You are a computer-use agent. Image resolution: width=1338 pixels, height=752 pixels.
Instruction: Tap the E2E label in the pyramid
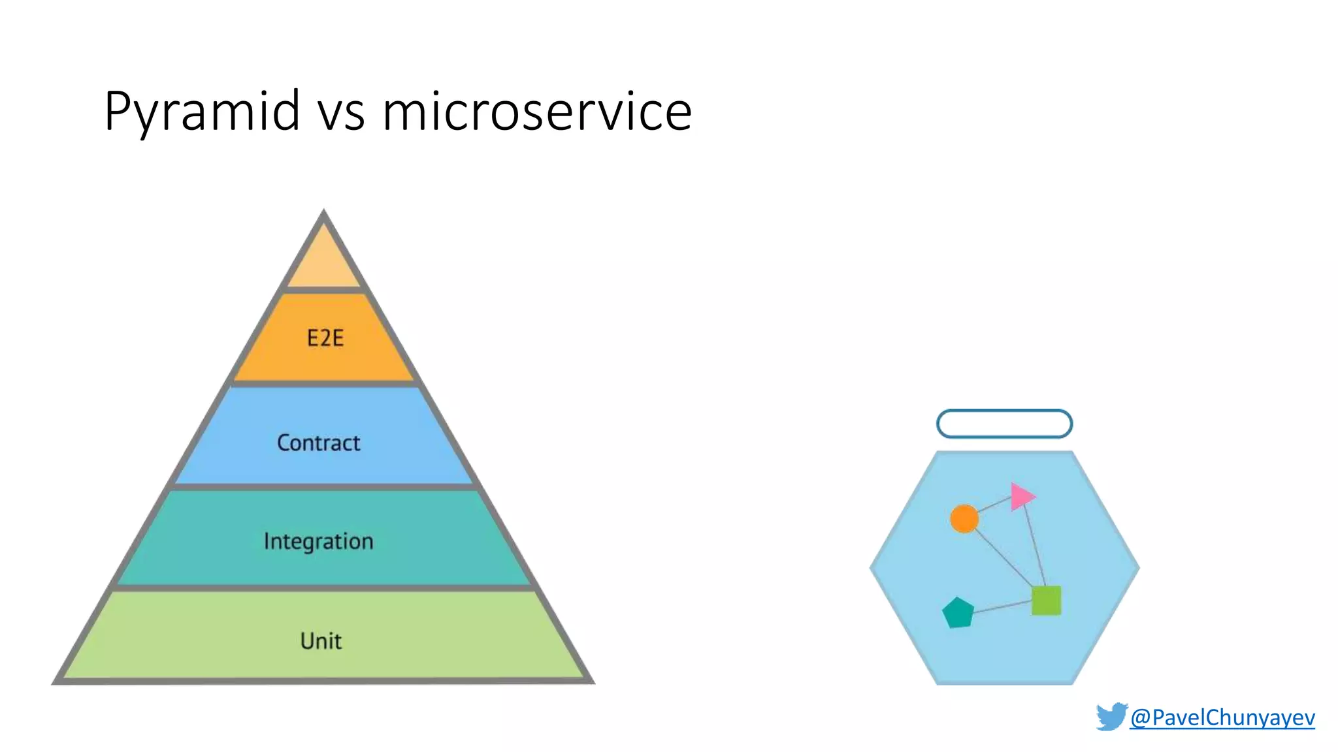pyautogui.click(x=325, y=338)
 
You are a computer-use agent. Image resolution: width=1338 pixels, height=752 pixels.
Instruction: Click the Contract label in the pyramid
pyautogui.click(x=318, y=443)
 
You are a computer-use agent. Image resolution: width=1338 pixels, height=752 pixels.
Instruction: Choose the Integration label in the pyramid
pyautogui.click(x=318, y=541)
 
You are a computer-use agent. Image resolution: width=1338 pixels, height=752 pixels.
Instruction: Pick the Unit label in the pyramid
pyautogui.click(x=320, y=641)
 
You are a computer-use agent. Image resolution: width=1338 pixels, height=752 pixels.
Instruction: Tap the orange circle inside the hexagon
pyautogui.click(x=964, y=519)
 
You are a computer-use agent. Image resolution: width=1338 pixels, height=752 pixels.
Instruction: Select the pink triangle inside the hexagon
pyautogui.click(x=1020, y=497)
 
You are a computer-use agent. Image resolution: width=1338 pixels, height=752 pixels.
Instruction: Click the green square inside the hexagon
pyautogui.click(x=1046, y=601)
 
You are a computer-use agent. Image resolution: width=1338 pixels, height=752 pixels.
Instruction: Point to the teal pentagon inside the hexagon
pyautogui.click(x=958, y=613)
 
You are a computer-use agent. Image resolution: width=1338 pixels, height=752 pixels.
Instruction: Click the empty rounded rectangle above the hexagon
pyautogui.click(x=1004, y=424)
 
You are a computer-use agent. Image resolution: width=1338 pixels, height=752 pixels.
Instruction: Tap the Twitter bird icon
pyautogui.click(x=1111, y=717)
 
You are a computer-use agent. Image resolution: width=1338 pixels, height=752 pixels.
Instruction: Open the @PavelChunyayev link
pyautogui.click(x=1222, y=717)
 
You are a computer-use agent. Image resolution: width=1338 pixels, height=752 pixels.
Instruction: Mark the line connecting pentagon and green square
pyautogui.click(x=1003, y=607)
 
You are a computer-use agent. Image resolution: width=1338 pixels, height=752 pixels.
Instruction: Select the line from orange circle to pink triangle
pyautogui.click(x=993, y=505)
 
